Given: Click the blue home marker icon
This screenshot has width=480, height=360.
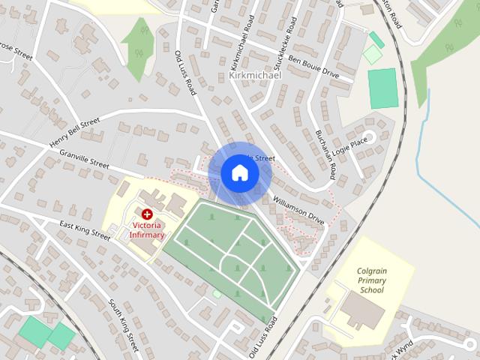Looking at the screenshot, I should (x=239, y=172).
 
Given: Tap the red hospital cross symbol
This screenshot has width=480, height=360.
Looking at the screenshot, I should (x=146, y=214).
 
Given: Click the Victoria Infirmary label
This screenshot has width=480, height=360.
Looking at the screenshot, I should (x=147, y=229).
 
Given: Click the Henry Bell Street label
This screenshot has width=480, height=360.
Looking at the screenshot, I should (x=74, y=132).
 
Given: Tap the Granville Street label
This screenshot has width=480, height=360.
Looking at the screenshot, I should (x=85, y=158).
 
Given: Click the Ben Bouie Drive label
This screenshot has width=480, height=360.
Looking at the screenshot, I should (x=313, y=66).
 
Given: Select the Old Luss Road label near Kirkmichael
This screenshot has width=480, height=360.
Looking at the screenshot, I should (x=185, y=72).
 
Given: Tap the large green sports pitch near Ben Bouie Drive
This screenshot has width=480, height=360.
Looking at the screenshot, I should (x=382, y=88).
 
